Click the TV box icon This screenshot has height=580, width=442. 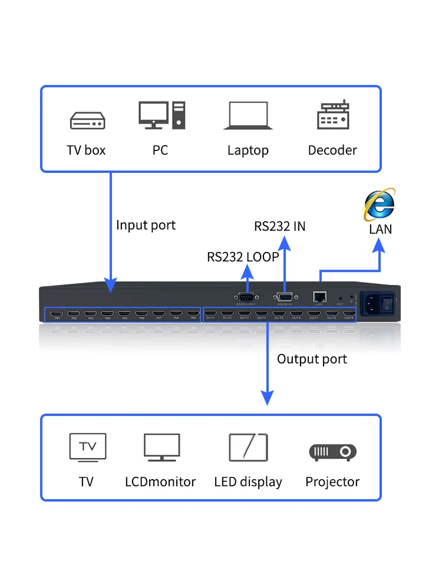[x=87, y=120]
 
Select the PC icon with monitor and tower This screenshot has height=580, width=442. [x=161, y=115]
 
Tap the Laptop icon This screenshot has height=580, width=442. [x=248, y=116]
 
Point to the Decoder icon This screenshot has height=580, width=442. [x=333, y=116]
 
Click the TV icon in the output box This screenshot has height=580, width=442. [x=88, y=447]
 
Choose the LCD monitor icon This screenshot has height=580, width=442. [x=161, y=447]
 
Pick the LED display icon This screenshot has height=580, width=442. [x=248, y=447]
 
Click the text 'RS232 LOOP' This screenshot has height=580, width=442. [x=243, y=257]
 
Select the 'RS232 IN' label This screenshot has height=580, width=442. [x=280, y=226]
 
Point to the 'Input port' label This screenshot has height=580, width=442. [x=146, y=225]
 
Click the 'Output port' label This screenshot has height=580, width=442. [x=312, y=359]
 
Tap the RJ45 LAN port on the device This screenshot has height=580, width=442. [x=320, y=297]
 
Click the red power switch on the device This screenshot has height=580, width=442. [x=387, y=303]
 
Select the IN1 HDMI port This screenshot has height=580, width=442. [x=57, y=313]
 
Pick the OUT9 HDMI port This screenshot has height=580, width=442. [x=349, y=313]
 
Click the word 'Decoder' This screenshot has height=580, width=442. [x=332, y=150]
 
